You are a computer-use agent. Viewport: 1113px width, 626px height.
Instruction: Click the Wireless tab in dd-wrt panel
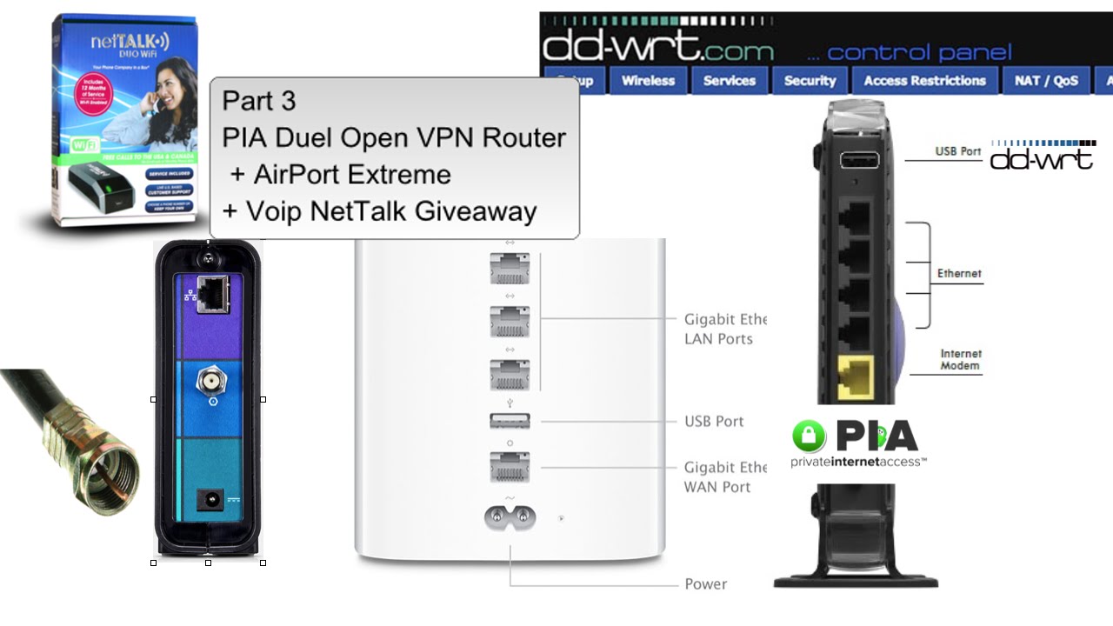(648, 81)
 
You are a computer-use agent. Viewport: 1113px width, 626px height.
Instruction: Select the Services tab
(730, 81)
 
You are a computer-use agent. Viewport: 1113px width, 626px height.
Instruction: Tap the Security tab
(810, 81)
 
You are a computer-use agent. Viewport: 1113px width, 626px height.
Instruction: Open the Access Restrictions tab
(924, 81)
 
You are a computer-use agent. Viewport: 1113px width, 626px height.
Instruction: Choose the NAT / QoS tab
(1046, 81)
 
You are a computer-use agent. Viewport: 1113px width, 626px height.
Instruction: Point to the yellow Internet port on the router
(856, 379)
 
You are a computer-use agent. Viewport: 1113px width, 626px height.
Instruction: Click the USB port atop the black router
(857, 160)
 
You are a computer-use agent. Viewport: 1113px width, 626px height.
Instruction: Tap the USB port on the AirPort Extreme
(510, 422)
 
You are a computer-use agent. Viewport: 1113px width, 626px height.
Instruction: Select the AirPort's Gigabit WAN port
(510, 467)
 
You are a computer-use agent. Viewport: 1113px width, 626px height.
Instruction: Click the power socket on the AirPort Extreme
(510, 517)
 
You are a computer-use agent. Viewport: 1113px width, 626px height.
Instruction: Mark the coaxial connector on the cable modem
(209, 380)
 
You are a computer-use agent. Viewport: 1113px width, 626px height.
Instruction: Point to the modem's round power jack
(210, 500)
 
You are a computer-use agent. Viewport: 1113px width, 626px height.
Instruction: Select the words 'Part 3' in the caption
(259, 101)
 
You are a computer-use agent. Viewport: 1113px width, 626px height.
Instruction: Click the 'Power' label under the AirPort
(705, 584)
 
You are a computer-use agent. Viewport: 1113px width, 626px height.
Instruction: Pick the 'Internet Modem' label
(960, 360)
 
